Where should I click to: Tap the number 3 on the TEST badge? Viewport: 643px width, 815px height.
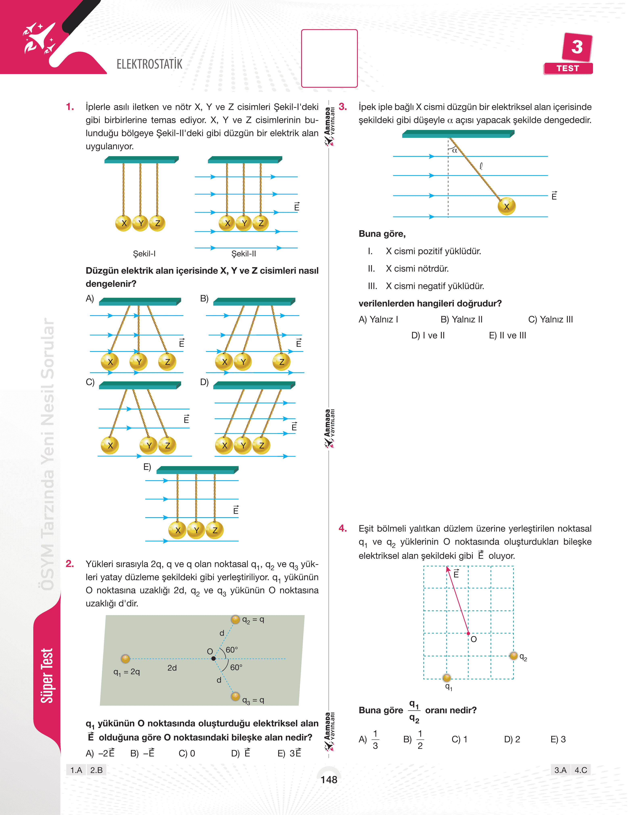pyautogui.click(x=577, y=47)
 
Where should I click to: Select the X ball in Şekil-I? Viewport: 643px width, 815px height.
pyautogui.click(x=123, y=223)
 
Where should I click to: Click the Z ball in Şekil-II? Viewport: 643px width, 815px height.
pyautogui.click(x=261, y=223)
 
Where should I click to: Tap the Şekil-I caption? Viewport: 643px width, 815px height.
pyautogui.click(x=144, y=253)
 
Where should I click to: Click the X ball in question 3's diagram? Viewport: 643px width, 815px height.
pyautogui.click(x=506, y=206)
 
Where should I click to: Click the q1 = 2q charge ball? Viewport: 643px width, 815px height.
pyautogui.click(x=125, y=658)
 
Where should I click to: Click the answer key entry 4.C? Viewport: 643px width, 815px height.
pyautogui.click(x=580, y=770)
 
